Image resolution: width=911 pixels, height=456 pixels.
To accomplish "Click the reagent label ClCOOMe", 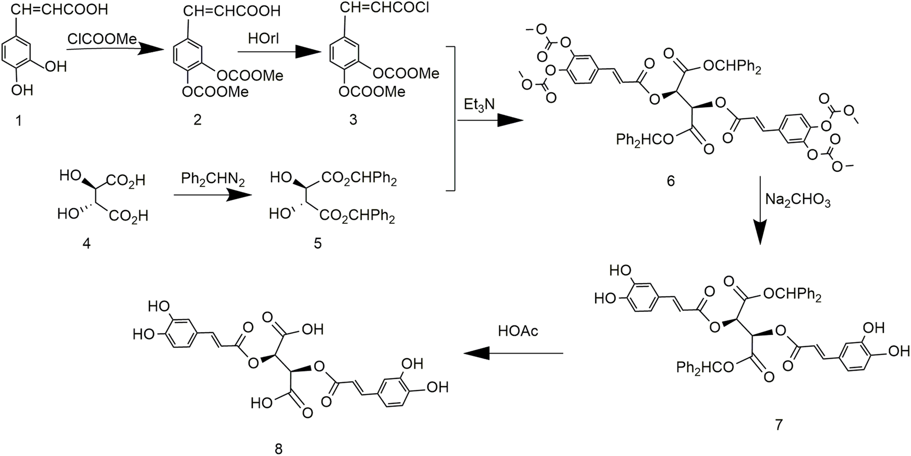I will coord(102,39).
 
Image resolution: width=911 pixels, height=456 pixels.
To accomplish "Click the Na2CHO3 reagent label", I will coord(798,200).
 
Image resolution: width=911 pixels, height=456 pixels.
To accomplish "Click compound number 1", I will coord(19,121).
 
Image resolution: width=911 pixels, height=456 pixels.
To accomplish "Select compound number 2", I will coord(197,120).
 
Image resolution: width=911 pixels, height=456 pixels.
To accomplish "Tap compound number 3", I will coord(353,120).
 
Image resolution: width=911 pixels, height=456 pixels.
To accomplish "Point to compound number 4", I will coord(87,243).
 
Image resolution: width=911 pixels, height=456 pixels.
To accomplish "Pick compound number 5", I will coord(318,243).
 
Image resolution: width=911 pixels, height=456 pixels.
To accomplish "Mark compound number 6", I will coord(670,181).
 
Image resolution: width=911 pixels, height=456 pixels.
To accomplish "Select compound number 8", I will coord(279,448).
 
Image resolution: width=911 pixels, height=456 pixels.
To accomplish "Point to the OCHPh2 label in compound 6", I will coord(732,67).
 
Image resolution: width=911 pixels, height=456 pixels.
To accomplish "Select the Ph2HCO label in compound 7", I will coord(706,368).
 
